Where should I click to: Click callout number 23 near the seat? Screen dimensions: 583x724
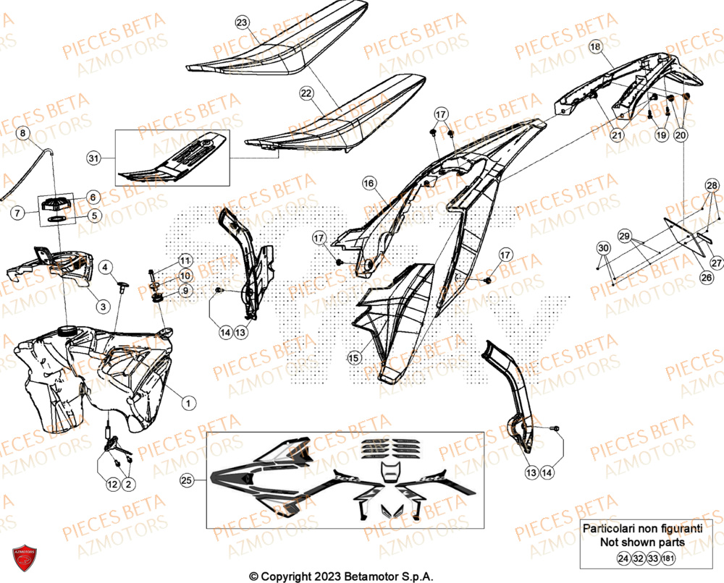241,23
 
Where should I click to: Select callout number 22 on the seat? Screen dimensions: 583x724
306,93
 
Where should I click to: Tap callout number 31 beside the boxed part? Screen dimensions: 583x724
92,158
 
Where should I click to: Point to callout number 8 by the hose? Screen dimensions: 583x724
22,133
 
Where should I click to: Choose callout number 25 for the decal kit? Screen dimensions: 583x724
187,480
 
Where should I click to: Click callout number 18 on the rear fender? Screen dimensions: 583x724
596,47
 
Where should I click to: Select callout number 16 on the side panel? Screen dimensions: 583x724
369,184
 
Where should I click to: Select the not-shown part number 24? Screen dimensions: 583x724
623,558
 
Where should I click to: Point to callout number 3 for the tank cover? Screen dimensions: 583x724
103,307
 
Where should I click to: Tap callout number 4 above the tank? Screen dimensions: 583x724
105,268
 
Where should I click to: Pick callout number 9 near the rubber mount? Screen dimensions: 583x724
185,290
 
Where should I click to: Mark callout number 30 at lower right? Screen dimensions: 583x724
603,249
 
